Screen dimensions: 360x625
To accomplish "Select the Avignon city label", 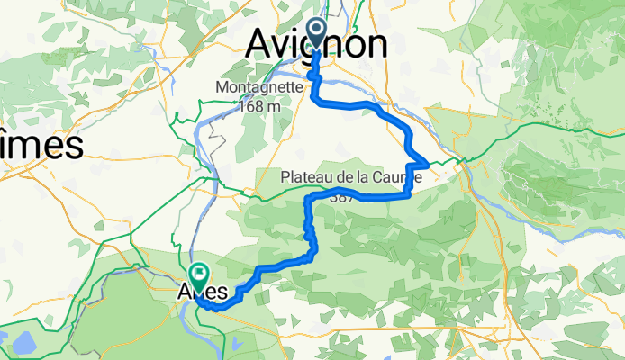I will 319,43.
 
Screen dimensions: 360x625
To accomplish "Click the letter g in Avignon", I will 318,47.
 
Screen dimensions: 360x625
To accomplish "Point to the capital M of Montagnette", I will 222,88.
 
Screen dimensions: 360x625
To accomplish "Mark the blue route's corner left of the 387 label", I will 311,197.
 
